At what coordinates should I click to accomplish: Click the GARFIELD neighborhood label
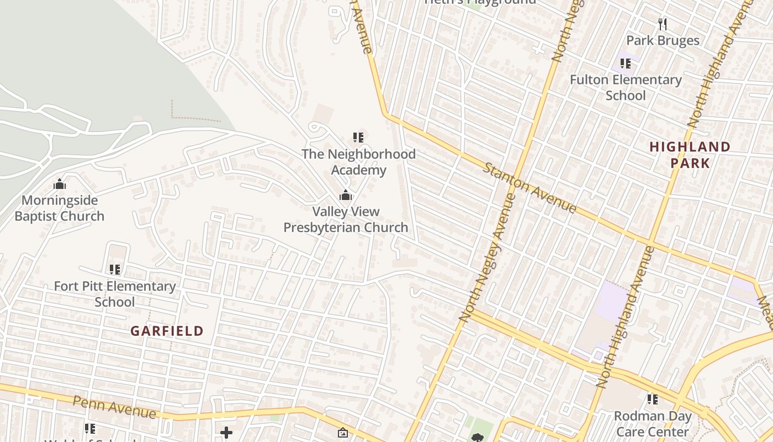(167, 331)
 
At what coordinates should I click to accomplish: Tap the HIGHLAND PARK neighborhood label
(690, 155)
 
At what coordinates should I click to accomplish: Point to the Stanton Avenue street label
(530, 188)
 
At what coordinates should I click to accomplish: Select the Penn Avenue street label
(114, 407)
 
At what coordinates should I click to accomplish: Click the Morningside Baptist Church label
(59, 208)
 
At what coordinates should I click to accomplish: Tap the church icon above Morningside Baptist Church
(59, 184)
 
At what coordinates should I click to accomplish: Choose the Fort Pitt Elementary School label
(114, 294)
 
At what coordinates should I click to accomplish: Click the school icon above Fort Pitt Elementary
(114, 270)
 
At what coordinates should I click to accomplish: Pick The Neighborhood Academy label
(358, 162)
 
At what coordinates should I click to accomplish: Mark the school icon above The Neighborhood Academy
(358, 137)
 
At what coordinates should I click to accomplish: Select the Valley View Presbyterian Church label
(346, 219)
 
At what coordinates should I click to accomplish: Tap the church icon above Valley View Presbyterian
(346, 195)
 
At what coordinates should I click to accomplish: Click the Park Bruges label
(663, 40)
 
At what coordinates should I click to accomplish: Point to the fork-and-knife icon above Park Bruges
(663, 24)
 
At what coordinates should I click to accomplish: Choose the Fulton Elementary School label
(626, 87)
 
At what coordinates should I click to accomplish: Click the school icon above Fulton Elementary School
(625, 64)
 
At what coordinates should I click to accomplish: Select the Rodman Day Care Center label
(653, 424)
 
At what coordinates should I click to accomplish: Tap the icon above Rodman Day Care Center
(653, 399)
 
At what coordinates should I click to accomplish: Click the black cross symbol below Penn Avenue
(226, 433)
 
